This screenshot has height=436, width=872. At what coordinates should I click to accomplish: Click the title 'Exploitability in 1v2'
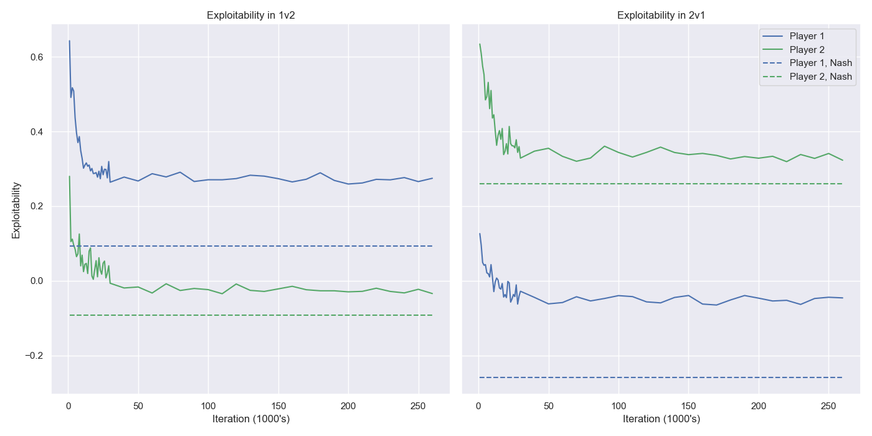250,16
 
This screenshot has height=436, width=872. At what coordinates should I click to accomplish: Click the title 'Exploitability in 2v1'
661,16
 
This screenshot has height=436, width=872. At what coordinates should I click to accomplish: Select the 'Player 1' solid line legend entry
807,36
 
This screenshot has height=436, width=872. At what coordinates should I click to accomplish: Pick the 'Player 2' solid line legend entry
807,50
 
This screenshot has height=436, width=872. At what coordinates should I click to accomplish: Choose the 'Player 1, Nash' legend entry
820,63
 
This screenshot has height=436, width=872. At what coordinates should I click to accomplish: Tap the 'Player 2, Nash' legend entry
820,77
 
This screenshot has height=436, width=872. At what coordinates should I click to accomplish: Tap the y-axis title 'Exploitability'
16,210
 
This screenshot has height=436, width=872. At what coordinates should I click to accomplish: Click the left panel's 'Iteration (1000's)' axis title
250,419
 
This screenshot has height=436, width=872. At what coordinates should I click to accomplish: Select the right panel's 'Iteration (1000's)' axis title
661,419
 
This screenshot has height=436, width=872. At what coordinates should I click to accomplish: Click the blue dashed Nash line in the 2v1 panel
660,377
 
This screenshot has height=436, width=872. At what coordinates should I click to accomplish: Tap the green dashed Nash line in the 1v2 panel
249,315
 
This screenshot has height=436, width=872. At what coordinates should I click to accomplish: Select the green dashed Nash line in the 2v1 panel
660,184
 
